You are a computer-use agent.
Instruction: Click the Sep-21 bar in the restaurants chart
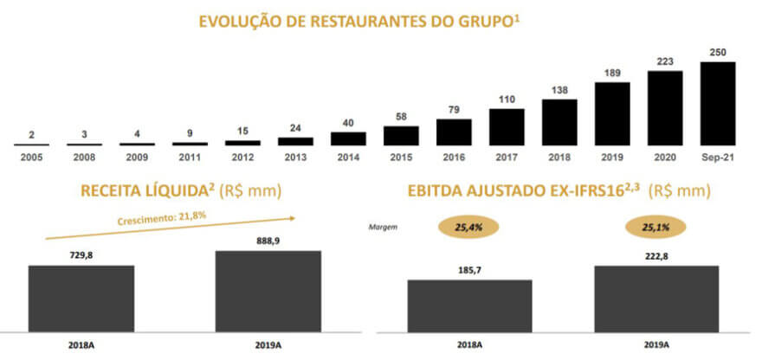(x=718, y=103)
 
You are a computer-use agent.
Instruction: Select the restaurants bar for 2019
(x=612, y=113)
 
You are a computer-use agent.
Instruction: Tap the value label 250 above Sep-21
(x=718, y=53)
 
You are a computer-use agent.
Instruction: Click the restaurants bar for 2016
(x=454, y=132)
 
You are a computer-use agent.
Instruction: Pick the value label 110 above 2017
(x=507, y=100)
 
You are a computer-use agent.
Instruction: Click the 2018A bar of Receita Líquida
(x=81, y=298)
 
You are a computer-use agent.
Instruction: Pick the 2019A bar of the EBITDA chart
(x=656, y=298)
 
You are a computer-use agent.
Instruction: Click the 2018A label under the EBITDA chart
(x=469, y=344)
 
